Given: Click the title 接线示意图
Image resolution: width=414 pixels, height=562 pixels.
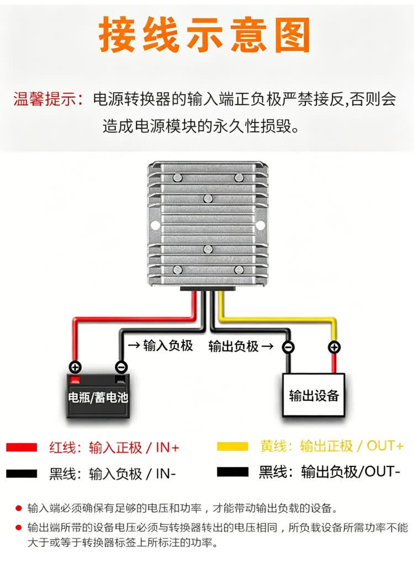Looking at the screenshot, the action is click(x=204, y=35).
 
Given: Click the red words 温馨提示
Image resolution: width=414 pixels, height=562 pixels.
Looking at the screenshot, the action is click(x=45, y=99).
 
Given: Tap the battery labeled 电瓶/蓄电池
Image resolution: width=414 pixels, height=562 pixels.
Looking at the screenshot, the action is click(x=98, y=396).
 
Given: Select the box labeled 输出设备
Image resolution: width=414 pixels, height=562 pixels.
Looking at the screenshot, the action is click(x=314, y=395).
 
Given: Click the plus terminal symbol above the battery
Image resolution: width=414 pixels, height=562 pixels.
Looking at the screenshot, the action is click(x=75, y=367).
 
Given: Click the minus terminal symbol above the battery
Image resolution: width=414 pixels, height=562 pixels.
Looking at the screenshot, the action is click(x=121, y=367).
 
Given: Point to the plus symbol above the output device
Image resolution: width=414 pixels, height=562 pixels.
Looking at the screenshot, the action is click(x=334, y=347).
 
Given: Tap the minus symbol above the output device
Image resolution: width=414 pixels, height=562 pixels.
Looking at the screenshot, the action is click(x=288, y=347).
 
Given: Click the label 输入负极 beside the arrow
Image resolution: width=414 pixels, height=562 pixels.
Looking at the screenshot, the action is click(x=168, y=346).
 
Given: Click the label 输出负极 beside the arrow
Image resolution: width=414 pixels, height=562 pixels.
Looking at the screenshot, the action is click(x=233, y=346).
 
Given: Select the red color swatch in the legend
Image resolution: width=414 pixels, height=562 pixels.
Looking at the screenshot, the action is click(x=22, y=447).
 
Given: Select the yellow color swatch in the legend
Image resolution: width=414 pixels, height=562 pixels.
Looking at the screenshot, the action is click(x=232, y=447).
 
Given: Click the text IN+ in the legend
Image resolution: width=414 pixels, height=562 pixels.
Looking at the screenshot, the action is click(x=167, y=448).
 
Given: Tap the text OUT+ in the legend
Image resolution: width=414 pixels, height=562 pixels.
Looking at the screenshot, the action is click(x=385, y=446).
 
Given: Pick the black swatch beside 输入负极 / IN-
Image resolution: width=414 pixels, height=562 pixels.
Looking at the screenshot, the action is click(x=22, y=474).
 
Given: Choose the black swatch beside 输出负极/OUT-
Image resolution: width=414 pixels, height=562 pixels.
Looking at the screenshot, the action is click(x=232, y=471).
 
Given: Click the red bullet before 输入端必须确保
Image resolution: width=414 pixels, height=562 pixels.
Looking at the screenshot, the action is click(x=19, y=508).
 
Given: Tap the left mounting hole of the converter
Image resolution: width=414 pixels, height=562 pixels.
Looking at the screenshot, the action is click(x=155, y=225).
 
